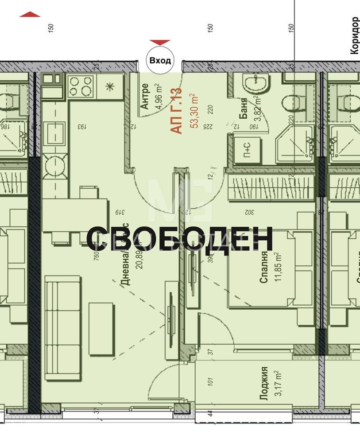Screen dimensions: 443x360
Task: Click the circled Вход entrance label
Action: point(160,61)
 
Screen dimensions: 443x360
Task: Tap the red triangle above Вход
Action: point(160,43)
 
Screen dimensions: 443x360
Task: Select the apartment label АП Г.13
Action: point(176,111)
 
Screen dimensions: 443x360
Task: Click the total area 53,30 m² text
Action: point(194,111)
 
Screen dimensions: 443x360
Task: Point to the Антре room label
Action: point(144,97)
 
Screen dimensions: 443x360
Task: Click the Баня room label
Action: point(244,109)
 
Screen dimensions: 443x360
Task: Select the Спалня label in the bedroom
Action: point(264,267)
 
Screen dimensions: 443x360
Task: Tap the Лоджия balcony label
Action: point(264,383)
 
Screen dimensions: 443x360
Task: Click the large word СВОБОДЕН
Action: point(179,239)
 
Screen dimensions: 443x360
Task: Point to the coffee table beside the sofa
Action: point(101,328)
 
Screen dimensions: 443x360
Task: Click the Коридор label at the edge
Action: point(354,35)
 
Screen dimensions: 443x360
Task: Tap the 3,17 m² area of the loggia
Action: point(278,383)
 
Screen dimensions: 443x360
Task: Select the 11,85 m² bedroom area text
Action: point(278,267)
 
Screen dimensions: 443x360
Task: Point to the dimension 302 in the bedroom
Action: point(251,212)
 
